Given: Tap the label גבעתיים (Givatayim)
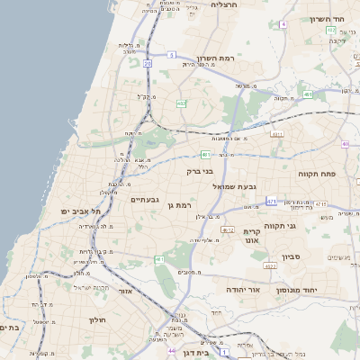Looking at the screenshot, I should coord(145,199).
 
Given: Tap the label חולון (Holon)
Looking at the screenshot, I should coord(97,320).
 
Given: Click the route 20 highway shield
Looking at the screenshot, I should coord(147,64).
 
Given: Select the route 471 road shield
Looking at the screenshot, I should coord(272,202).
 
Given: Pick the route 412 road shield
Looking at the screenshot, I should coord(229,230).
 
